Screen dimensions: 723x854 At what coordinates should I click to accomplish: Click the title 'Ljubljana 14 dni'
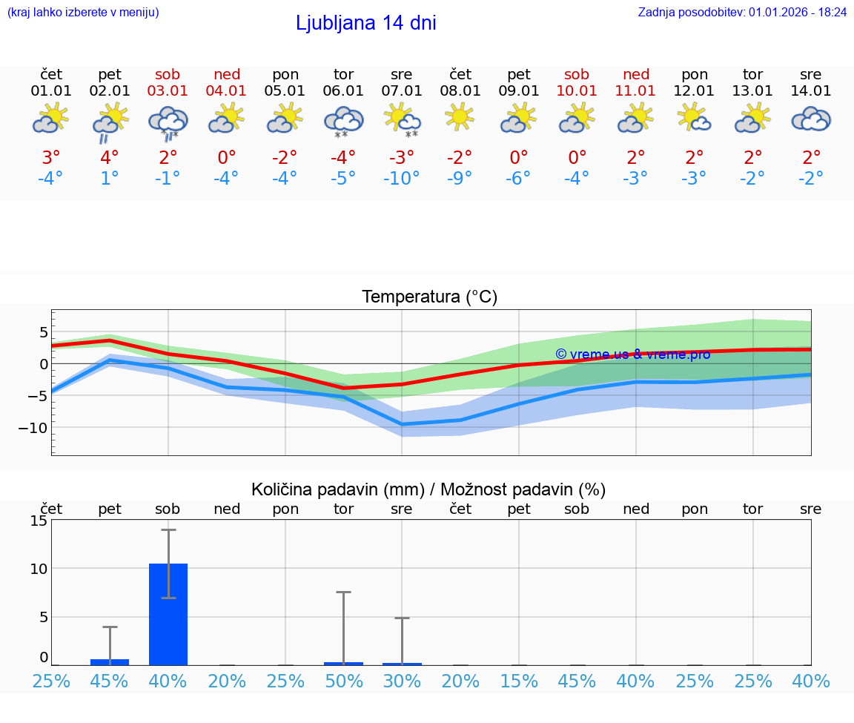pos(365,23)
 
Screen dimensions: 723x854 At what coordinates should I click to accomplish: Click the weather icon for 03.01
pos(168,121)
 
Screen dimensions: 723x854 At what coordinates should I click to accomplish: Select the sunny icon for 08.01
pos(460,116)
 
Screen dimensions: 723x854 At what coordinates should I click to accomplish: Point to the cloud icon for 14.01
pos(811,119)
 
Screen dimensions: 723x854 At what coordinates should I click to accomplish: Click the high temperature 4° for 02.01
pos(110,158)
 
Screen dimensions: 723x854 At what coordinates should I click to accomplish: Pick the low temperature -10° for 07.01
pos(401,179)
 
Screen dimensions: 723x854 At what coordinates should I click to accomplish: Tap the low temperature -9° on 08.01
pos(460,179)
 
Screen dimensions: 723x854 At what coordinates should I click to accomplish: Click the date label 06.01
pos(343,91)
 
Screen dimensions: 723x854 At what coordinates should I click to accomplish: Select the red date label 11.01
pos(635,91)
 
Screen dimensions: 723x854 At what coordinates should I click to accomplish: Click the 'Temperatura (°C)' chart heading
pos(429,297)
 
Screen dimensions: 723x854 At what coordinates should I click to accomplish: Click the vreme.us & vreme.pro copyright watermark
pos(632,354)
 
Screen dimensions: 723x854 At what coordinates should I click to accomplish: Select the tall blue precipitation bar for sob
pos(168,614)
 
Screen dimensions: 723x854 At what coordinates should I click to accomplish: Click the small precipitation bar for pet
pos(110,661)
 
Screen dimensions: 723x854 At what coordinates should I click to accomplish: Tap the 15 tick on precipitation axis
pos(39,521)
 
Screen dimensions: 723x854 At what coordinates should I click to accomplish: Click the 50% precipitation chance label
pos(343,681)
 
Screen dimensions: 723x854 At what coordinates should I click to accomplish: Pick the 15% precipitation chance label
pos(518,681)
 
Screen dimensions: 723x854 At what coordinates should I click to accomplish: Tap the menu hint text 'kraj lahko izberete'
pos(82,12)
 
